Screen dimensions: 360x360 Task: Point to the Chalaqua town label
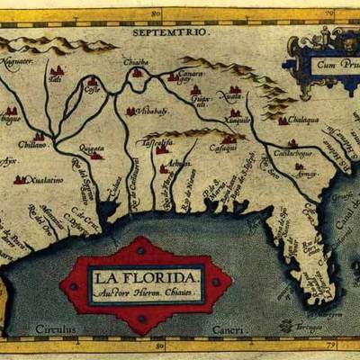pyautogui.click(x=305, y=117)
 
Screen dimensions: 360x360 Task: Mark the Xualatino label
pyautogui.click(x=45, y=180)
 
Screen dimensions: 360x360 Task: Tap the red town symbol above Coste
pyautogui.click(x=92, y=81)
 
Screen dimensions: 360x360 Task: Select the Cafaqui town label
pyautogui.click(x=223, y=148)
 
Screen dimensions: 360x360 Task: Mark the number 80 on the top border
pyautogui.click(x=156, y=13)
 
